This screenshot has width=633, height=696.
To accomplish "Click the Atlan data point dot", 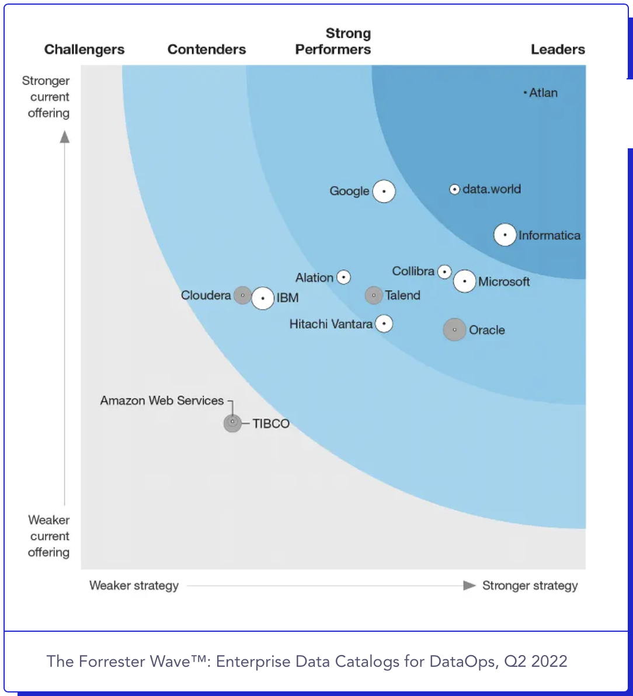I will tap(525, 92).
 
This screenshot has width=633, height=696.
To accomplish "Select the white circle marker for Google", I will tap(384, 191).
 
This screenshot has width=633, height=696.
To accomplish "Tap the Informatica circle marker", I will tap(505, 235).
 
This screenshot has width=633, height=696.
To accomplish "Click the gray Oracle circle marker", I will tap(454, 330).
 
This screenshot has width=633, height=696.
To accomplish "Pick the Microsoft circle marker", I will tap(465, 281).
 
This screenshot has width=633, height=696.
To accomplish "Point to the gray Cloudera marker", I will tap(242, 295).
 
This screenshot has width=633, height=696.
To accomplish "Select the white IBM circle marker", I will tap(263, 298).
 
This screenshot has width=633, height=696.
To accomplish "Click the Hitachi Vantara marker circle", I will tap(384, 323).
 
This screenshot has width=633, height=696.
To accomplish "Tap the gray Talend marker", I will tap(374, 295).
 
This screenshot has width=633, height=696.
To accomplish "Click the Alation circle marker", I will tap(343, 277).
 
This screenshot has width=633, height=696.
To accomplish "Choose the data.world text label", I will tap(491, 189).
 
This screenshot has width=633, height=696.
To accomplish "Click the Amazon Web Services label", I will tap(162, 401).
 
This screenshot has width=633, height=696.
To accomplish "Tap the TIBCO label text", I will tap(271, 424).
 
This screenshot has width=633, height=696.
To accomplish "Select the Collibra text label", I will tap(413, 271).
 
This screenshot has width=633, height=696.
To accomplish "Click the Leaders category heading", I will tap(558, 50).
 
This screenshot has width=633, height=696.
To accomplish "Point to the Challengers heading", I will tap(84, 50).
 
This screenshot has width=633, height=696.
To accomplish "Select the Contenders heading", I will tap(207, 50).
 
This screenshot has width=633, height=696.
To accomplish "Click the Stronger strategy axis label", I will tap(530, 586).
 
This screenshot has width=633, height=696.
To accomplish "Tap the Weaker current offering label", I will tap(49, 536).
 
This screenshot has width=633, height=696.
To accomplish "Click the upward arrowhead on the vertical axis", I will tap(65, 137).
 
